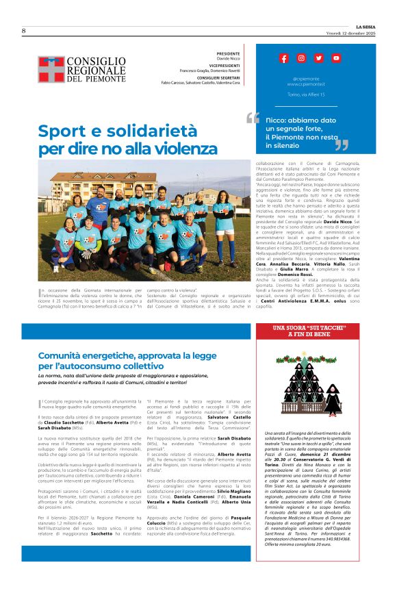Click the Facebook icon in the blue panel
pos(283,58)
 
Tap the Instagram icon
pos(301,58)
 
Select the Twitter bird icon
pos(318,58)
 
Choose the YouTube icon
pos(336,58)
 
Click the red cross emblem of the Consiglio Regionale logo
pos(50,68)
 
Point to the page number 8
pos(23,31)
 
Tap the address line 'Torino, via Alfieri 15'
pos(306,94)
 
